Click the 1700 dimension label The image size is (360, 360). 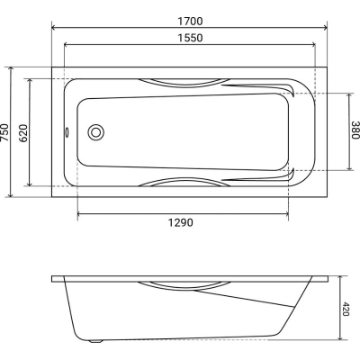[x=190, y=22]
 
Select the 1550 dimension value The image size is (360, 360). [x=190, y=38]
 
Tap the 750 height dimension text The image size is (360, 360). [x=5, y=132]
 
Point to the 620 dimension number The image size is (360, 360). [x=23, y=132]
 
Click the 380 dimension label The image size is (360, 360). [x=355, y=130]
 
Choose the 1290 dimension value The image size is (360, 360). [x=180, y=223]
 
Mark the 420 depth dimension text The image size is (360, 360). [x=346, y=310]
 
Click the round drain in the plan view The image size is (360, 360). [x=96, y=132]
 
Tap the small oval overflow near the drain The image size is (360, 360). [x=67, y=132]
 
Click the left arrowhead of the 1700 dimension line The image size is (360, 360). [x=54, y=28]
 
